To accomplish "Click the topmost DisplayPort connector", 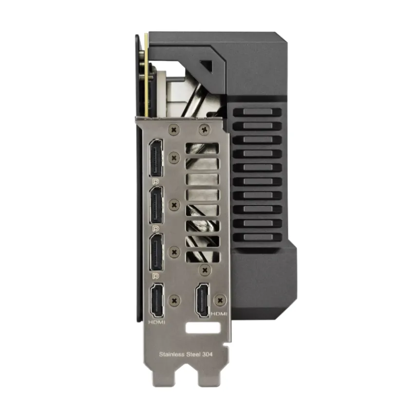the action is pyautogui.click(x=156, y=158).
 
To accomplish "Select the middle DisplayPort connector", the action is pyautogui.click(x=156, y=205).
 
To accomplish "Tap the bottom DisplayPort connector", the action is pyautogui.click(x=156, y=252).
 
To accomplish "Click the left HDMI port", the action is pyautogui.click(x=156, y=300).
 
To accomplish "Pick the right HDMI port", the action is pyautogui.click(x=202, y=300).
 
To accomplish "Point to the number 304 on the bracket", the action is pyautogui.click(x=207, y=354).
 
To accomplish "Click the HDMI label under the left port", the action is pyautogui.click(x=156, y=322).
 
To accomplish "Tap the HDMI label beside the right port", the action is pyautogui.click(x=219, y=314).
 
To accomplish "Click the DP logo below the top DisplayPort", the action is pyautogui.click(x=156, y=182).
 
